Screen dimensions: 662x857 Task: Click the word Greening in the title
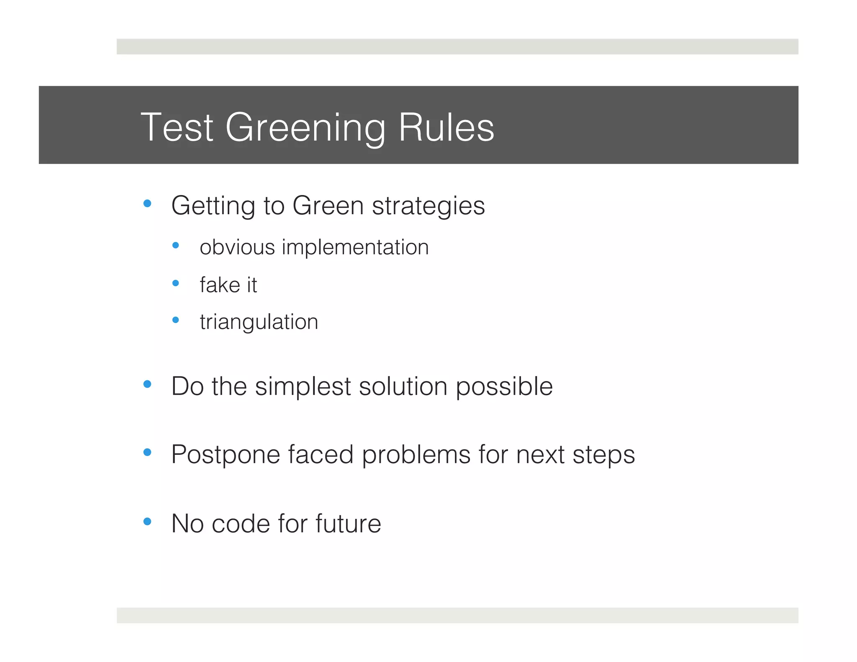[305, 128]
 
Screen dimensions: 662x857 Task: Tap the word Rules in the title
[446, 128]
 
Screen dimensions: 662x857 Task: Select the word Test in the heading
[177, 128]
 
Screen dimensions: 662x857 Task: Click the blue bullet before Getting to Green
[147, 204]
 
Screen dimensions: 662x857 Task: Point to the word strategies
[428, 206]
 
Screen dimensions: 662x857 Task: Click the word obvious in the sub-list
[237, 247]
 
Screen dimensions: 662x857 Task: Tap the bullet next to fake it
[176, 283]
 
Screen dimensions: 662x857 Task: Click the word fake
[219, 285]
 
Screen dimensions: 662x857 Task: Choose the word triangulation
[259, 322]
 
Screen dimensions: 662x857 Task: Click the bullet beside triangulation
[176, 321]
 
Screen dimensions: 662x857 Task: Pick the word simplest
[303, 386]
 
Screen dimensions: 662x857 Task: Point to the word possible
[504, 387]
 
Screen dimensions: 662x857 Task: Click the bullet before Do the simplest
[147, 384]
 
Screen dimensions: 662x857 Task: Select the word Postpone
[225, 455]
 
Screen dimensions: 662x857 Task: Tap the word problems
[416, 455]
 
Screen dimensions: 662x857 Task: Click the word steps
[603, 455]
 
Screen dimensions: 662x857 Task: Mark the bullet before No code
[147, 521]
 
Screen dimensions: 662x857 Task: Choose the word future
[348, 523]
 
